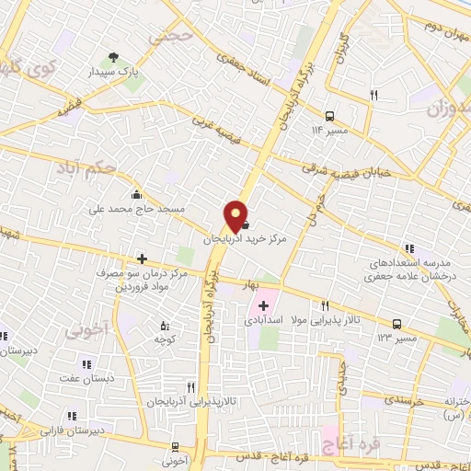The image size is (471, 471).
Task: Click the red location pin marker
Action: [x=237, y=216]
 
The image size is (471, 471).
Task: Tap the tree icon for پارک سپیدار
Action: [x=114, y=57]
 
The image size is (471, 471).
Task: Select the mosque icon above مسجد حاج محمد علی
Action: [x=136, y=194]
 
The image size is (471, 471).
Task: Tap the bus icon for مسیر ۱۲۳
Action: [x=397, y=324]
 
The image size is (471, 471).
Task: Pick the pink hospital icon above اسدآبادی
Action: [x=264, y=305]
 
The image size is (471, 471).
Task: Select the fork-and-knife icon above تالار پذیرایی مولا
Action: [x=325, y=305]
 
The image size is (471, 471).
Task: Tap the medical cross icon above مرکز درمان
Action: [x=141, y=258]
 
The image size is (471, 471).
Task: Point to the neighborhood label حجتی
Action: [x=173, y=38]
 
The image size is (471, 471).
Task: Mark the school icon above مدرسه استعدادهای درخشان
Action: [x=409, y=247]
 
